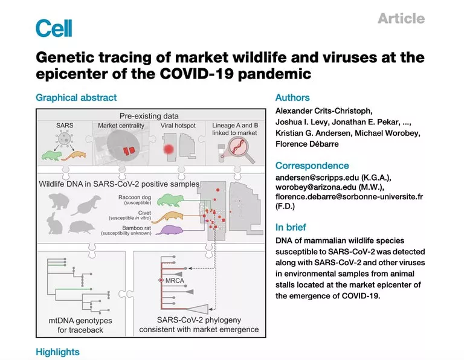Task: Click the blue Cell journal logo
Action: [x=54, y=28]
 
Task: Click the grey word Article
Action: [x=401, y=18]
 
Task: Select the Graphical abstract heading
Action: [x=76, y=98]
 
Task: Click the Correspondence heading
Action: [x=312, y=166]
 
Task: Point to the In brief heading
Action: [x=291, y=227]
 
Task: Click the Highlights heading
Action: [x=58, y=352]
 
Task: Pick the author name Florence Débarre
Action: [x=307, y=144]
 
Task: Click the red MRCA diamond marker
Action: [x=161, y=280]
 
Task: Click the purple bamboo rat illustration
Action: [x=167, y=230]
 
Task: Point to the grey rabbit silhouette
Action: [x=55, y=223]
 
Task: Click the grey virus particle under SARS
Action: [x=64, y=138]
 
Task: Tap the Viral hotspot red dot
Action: [x=169, y=149]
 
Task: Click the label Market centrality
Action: [x=121, y=126]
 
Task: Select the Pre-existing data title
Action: [x=149, y=116]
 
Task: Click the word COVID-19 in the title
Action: [x=196, y=73]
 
